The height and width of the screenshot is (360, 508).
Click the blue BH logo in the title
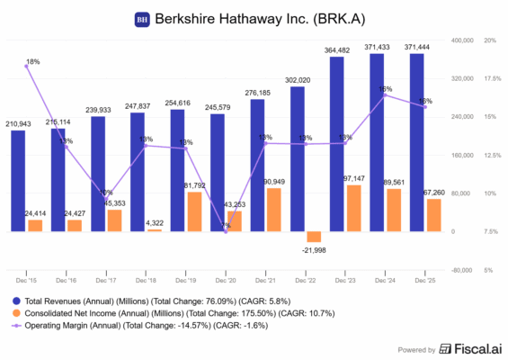(x=141, y=19)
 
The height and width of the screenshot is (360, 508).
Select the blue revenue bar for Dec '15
(x=18, y=181)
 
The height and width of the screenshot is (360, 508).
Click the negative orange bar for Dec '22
(x=314, y=237)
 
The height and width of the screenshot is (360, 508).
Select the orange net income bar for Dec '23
(x=353, y=208)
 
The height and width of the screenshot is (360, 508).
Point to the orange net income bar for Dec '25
(x=433, y=215)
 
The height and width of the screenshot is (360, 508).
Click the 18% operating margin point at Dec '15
(x=26, y=67)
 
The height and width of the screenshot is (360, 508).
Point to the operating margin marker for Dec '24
(x=385, y=95)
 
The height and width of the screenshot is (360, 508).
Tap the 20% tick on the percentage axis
(x=490, y=41)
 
